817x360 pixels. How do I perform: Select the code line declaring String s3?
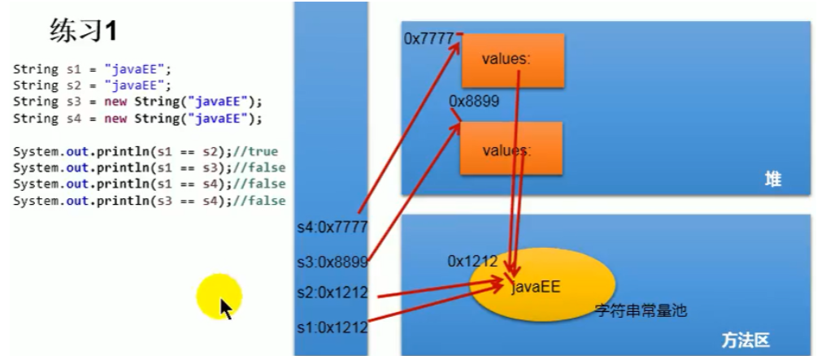pos(138,102)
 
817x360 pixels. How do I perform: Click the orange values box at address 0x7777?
pos(512,60)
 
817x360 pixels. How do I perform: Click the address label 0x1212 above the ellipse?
pos(472,262)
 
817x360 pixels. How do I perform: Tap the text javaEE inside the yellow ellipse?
pos(536,286)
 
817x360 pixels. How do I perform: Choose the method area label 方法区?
pos(745,340)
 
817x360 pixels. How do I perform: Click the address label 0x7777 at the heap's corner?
pos(428,39)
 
